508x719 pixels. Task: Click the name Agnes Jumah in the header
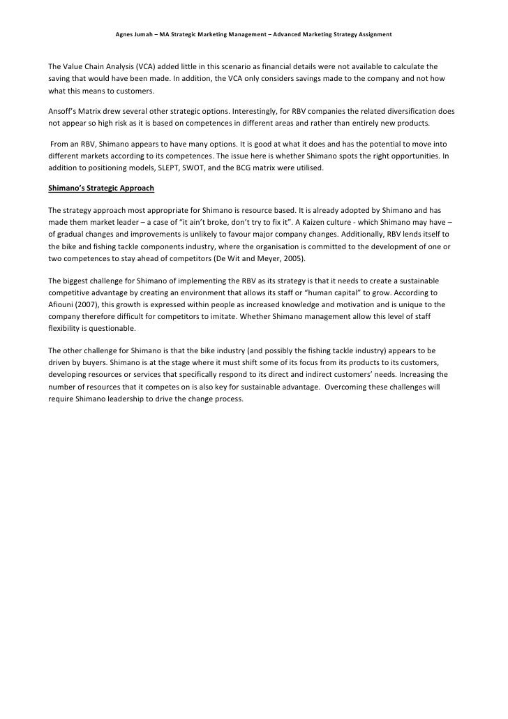(132, 34)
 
